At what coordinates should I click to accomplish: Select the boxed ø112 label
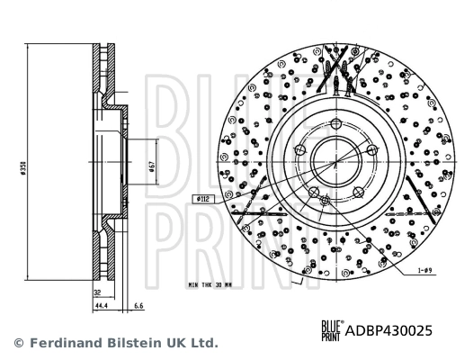pos(201,198)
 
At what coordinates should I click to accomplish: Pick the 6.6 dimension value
pos(138,307)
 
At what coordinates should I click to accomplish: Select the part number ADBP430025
pos(390,330)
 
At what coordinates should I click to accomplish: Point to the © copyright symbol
pos(17,343)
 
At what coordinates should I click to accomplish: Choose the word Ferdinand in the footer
pos(62,343)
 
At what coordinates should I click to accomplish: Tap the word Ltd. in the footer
pos(203,343)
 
